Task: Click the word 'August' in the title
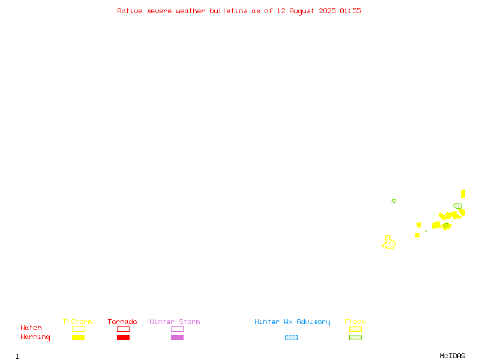coord(302,11)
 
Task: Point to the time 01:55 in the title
coord(350,11)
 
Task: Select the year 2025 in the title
coord(327,11)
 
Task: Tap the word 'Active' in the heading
coord(130,11)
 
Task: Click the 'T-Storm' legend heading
coord(77,322)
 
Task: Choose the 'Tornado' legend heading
coord(122,322)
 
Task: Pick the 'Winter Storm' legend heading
coord(175,322)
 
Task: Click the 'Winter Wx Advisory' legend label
coord(292,322)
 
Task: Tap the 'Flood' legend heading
coord(355,322)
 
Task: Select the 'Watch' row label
coord(31,328)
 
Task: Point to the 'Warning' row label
coord(35,337)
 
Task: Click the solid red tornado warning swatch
coord(124,337)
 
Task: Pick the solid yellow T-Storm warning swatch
coord(79,337)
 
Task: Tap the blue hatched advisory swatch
coord(291,337)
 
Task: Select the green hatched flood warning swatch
coord(355,337)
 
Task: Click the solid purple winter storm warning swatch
coord(177,337)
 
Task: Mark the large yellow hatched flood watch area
coord(389,243)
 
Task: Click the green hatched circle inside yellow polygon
coord(446,226)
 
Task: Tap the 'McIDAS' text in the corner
coord(452,356)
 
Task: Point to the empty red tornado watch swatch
coord(124,329)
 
